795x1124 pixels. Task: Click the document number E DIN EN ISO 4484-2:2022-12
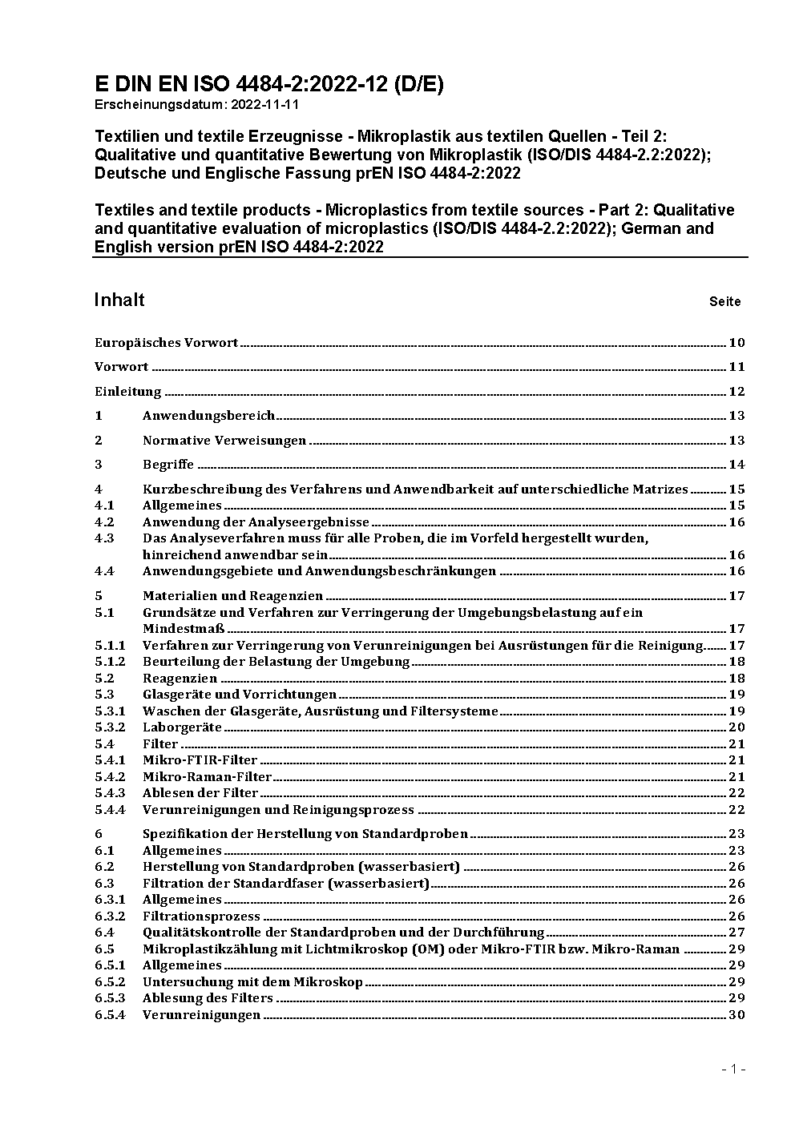pos(268,84)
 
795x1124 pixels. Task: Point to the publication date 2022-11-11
pos(268,104)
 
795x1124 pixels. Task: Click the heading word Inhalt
pos(119,300)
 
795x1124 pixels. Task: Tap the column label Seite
pos(724,302)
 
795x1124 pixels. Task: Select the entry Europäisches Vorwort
pos(166,343)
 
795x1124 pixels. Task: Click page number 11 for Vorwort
pos(736,367)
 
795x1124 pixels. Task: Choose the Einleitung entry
pos(127,392)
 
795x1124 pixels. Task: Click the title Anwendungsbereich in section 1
pos(208,415)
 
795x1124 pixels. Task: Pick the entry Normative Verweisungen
pos(224,440)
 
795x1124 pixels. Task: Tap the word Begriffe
pos(168,464)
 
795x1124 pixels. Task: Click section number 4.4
pos(104,571)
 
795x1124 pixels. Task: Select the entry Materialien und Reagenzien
pos(232,595)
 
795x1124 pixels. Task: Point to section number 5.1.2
pos(110,662)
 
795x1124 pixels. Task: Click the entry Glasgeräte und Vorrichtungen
pos(239,695)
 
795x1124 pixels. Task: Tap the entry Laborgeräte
pos(182,727)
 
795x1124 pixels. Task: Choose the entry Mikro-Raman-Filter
pos(207,776)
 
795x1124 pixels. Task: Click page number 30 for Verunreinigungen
pos(736,1014)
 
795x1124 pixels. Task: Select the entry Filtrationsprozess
pos(201,916)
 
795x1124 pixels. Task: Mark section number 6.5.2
pos(110,981)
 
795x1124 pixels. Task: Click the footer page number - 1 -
pos(734,1069)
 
